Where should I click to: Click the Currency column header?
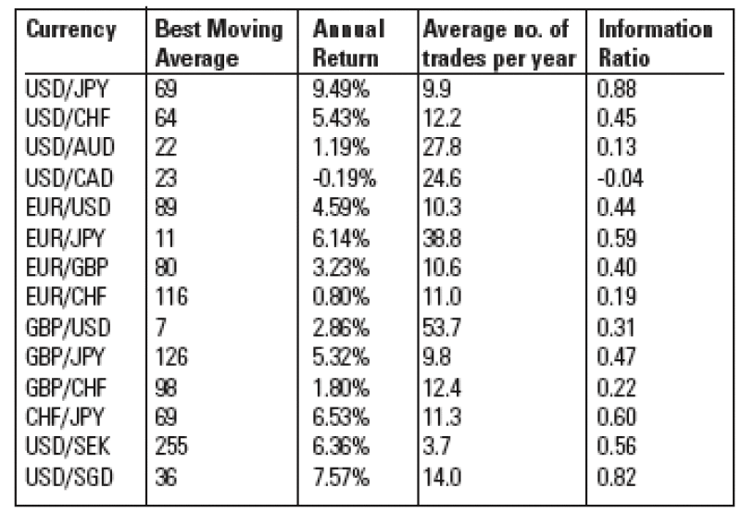point(71,30)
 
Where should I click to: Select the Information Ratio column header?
point(656,44)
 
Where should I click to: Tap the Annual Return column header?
point(348,44)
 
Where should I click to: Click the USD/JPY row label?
point(67,89)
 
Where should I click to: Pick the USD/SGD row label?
point(69,477)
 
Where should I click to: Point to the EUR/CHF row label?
point(66,297)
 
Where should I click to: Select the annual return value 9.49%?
point(341,89)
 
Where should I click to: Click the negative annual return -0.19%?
point(344,179)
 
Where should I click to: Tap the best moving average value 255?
point(171,446)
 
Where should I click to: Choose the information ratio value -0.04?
point(620,179)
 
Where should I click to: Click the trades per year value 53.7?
point(442,327)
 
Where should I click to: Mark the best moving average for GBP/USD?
point(160,327)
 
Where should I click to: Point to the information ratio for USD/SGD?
point(617,477)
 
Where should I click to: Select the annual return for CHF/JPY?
point(341,417)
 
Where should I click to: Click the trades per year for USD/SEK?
point(436,446)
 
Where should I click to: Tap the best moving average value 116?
point(171,297)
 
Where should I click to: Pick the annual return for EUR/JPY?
point(341,238)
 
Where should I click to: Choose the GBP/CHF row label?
point(66,387)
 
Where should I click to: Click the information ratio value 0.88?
point(617,89)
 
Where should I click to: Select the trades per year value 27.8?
point(442,147)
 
